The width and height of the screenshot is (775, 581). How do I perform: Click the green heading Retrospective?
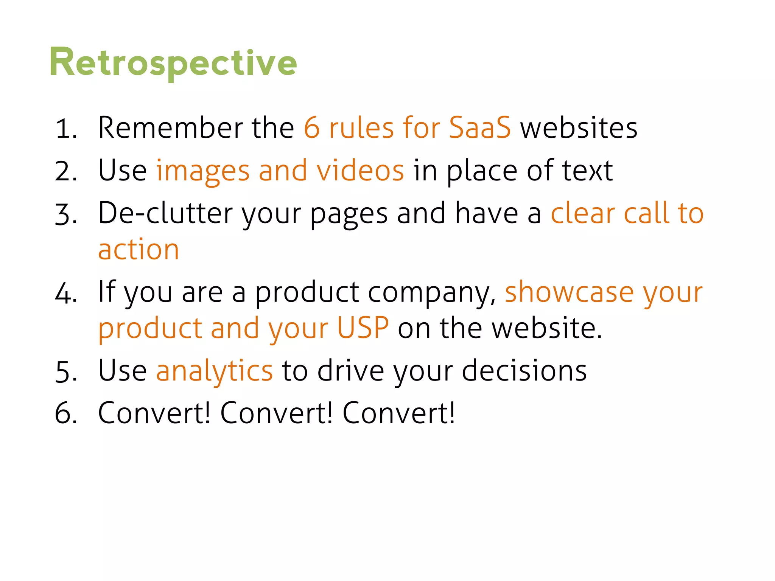click(173, 63)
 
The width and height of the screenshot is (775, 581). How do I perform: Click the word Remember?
click(170, 128)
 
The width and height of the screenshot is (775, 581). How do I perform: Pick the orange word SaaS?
click(479, 128)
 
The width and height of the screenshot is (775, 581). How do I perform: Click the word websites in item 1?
click(579, 129)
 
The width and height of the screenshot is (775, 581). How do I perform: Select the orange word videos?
click(360, 171)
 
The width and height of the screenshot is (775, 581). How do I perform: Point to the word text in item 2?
click(587, 171)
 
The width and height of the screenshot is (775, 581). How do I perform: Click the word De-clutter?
click(165, 213)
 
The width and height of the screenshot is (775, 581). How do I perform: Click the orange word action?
click(139, 250)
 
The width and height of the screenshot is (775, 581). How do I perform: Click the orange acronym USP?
click(363, 328)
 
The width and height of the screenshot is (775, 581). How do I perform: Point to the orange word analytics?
click(214, 371)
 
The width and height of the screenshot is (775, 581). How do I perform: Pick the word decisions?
click(524, 371)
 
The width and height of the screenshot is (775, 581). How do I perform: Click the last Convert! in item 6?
click(398, 413)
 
